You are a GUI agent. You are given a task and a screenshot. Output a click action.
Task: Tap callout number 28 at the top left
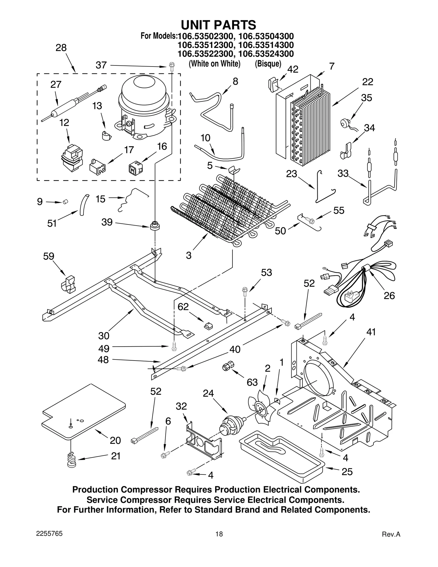pos(61,48)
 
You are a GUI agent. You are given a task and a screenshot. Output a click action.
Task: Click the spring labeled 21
pos(72,460)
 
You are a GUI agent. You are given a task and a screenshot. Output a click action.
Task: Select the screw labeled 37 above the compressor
pos(172,67)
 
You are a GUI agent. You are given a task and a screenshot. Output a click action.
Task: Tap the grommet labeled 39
pos(155,226)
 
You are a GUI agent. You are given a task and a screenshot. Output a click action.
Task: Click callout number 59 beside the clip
pos(49,257)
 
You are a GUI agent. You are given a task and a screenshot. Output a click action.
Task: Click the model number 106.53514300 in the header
pos(266,45)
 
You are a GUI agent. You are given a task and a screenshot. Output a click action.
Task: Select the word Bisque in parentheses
pos(268,64)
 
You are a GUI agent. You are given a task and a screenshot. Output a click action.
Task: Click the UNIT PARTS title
pos(218,25)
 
